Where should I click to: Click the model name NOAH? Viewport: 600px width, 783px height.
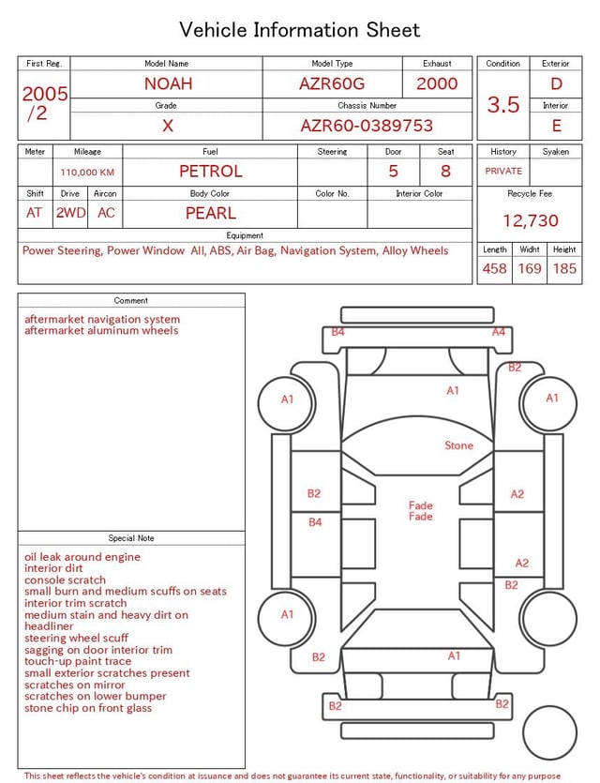(168, 83)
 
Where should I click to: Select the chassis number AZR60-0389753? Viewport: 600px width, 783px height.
(367, 126)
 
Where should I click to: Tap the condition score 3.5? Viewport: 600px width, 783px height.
(503, 105)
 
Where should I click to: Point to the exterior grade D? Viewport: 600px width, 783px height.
(556, 83)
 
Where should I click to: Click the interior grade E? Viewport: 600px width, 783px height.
(557, 126)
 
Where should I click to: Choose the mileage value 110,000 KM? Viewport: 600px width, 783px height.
(87, 173)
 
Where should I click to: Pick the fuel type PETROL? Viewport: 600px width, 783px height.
(211, 172)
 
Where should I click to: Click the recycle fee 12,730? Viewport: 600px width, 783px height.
(530, 220)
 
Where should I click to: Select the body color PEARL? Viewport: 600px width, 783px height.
(211, 213)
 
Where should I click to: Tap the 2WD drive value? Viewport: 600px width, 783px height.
(70, 213)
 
